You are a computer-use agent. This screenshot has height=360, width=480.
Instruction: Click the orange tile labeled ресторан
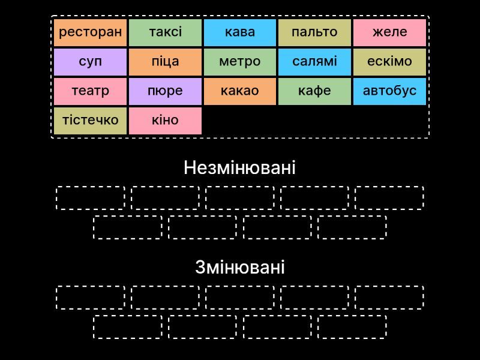91,32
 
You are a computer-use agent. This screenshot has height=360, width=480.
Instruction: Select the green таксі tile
166,32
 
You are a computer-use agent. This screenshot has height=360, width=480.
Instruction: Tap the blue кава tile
240,32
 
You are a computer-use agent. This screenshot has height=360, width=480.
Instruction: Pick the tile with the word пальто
314,32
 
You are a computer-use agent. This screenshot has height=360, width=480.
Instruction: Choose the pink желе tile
389,32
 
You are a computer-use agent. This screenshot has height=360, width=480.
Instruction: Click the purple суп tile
91,62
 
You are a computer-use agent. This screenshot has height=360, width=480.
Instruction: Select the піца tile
166,62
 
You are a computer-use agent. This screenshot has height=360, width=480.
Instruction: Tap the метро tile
240,62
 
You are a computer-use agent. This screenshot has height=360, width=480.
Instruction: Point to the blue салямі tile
314,62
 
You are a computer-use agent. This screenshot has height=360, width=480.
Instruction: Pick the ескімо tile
389,62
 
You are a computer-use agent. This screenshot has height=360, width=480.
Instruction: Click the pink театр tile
91,91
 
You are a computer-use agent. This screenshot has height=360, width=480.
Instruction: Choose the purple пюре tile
166,91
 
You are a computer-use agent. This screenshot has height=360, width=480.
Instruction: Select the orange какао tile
240,91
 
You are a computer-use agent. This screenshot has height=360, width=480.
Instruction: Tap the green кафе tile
314,91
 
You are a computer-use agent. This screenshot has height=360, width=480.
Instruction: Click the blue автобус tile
389,91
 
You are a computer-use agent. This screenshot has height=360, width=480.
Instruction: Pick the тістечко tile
91,121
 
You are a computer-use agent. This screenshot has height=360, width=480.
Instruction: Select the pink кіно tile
166,121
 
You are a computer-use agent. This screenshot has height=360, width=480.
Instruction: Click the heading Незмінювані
239,168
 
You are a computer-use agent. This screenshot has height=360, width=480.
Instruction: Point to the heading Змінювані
240,267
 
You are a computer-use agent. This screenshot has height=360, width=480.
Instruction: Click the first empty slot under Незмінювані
91,187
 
